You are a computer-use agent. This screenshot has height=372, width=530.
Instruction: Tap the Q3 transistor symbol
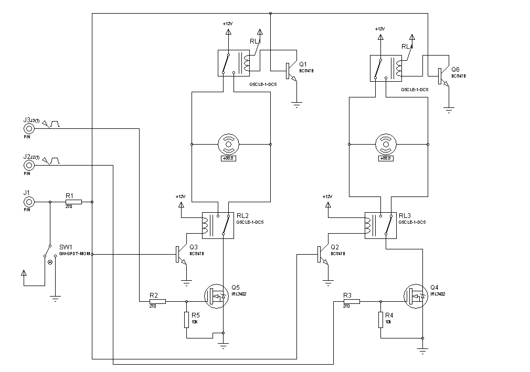[178, 254]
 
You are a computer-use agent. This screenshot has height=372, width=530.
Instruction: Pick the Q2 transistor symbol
[320, 254]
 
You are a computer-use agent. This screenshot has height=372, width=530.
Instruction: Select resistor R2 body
[157, 301]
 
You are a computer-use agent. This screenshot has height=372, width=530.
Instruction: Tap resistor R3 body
[352, 301]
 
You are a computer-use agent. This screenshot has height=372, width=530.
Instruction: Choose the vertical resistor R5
[186, 320]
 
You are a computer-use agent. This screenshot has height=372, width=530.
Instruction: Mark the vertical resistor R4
[380, 320]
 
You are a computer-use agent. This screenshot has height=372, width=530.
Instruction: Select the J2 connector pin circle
[30, 166]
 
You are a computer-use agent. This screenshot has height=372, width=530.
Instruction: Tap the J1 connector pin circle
[30, 202]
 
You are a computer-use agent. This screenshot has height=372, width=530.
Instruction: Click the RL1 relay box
[233, 63]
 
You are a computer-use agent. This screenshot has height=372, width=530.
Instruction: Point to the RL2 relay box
[217, 225]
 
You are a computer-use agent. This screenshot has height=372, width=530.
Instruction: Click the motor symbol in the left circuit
[228, 143]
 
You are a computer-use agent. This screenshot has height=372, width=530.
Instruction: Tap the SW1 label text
[66, 247]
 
